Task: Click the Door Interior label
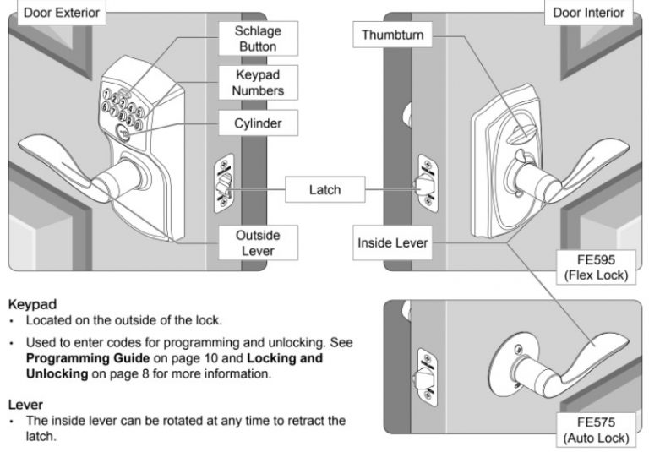click(x=589, y=12)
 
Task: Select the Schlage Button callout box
click(x=258, y=39)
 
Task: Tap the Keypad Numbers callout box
click(x=259, y=82)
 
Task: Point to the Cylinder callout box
click(x=258, y=124)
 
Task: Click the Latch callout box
click(x=324, y=190)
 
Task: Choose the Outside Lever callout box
click(x=258, y=243)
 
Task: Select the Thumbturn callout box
click(x=392, y=35)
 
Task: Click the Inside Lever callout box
click(x=393, y=243)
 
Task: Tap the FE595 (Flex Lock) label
click(x=597, y=268)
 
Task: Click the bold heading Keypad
click(x=32, y=302)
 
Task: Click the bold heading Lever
click(x=25, y=405)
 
